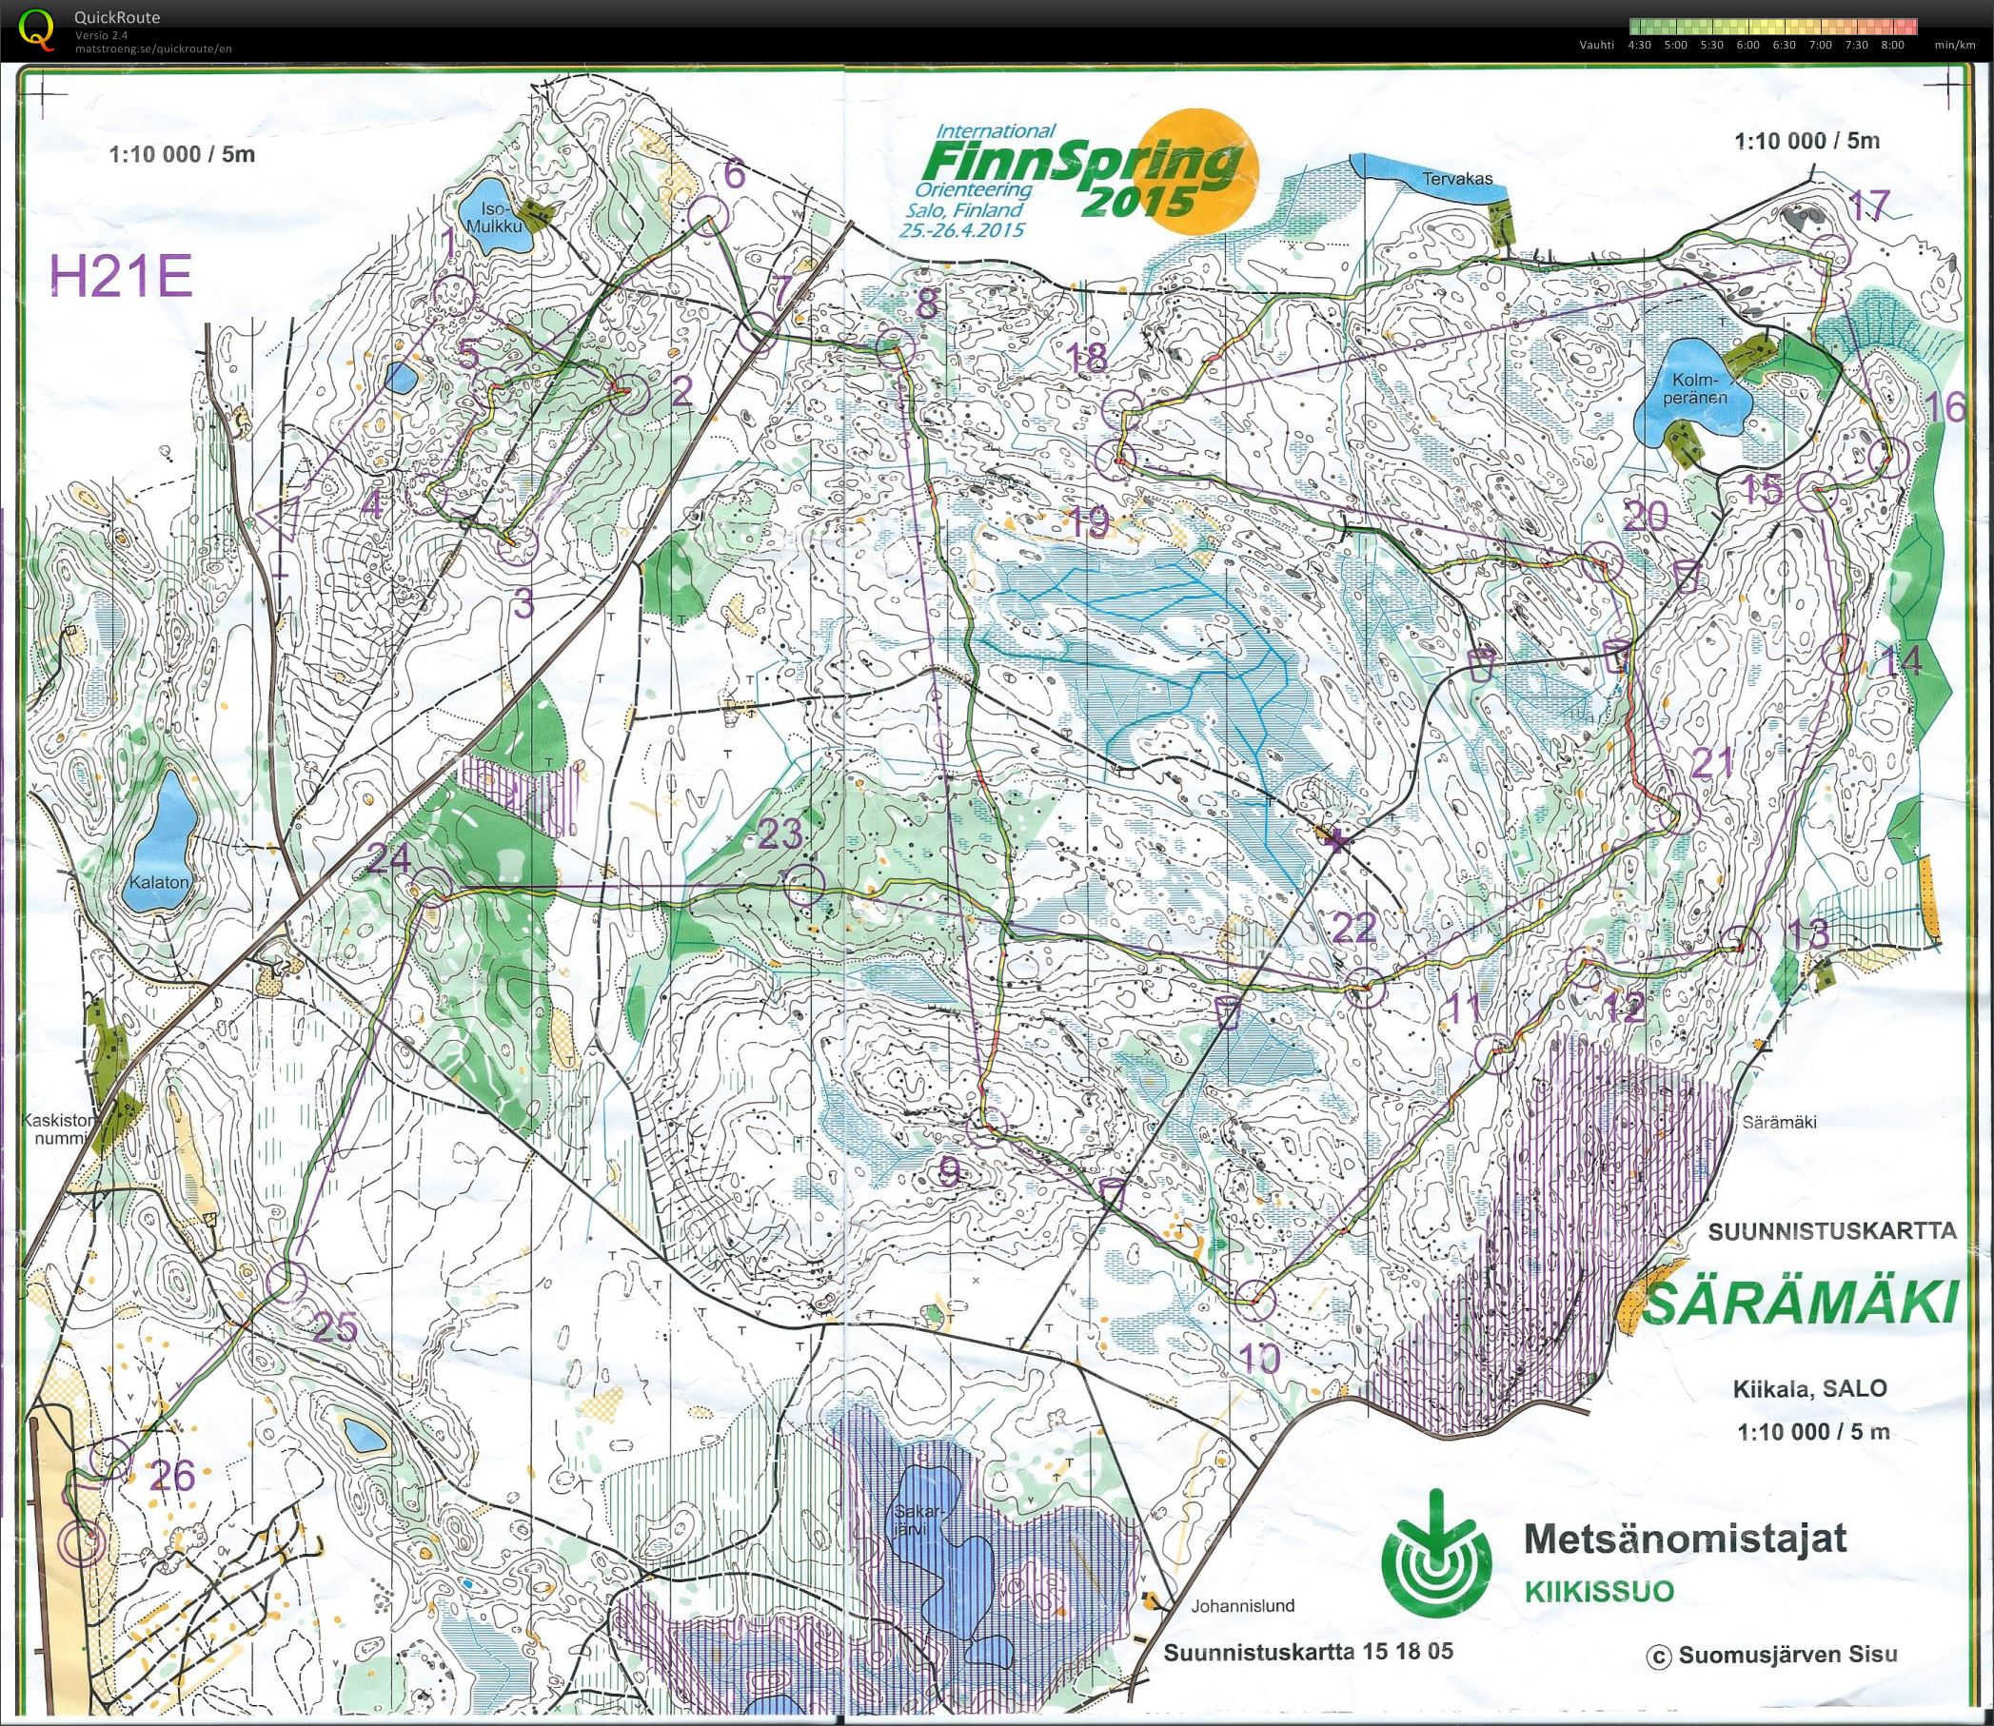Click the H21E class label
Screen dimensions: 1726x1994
(122, 279)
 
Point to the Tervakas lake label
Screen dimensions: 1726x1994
(1459, 178)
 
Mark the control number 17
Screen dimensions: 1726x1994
(1868, 206)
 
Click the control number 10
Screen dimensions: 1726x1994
(1260, 1359)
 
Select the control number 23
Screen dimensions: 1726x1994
(780, 834)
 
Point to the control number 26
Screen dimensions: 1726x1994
(173, 1475)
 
